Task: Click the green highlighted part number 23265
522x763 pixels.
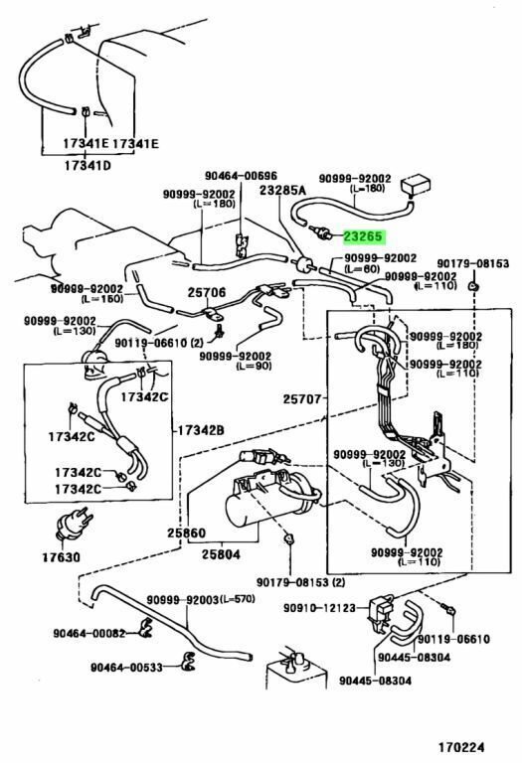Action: point(364,237)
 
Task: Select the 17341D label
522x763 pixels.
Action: point(87,166)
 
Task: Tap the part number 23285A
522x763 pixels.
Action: point(282,190)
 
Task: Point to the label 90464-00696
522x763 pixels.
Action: point(241,176)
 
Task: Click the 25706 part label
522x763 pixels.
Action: point(207,292)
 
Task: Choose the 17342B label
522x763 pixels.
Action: point(200,430)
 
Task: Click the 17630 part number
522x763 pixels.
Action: point(61,556)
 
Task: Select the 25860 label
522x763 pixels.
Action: point(187,533)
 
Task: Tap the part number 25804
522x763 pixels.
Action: point(221,553)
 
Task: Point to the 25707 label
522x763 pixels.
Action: point(302,399)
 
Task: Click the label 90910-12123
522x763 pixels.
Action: point(320,608)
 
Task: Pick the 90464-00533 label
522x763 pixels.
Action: point(126,668)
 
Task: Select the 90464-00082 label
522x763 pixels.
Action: point(89,633)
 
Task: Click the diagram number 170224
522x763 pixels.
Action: point(460,747)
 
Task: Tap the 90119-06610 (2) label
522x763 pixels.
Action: point(158,343)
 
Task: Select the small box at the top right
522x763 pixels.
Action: point(416,185)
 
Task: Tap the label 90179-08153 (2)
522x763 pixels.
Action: point(300,582)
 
